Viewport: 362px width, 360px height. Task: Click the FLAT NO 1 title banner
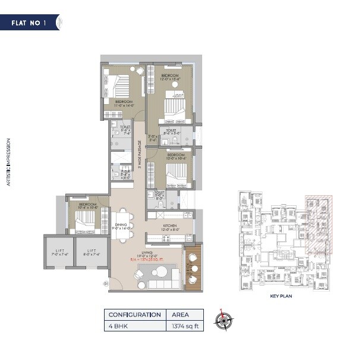point(31,23)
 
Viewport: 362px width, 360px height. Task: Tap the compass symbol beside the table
point(224,320)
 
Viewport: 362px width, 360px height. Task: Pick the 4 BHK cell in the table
point(115,326)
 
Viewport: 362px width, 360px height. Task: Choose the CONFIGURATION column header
point(134,315)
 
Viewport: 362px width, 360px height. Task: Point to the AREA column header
point(181,315)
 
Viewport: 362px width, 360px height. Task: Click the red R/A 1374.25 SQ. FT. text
point(149,261)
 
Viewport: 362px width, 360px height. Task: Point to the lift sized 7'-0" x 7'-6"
point(59,253)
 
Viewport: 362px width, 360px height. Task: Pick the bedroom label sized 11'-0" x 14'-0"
point(124,104)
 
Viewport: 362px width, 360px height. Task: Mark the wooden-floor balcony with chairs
point(194,269)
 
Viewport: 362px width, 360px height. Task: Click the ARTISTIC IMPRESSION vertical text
point(8,162)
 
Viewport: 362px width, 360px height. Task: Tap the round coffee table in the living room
point(159,273)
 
